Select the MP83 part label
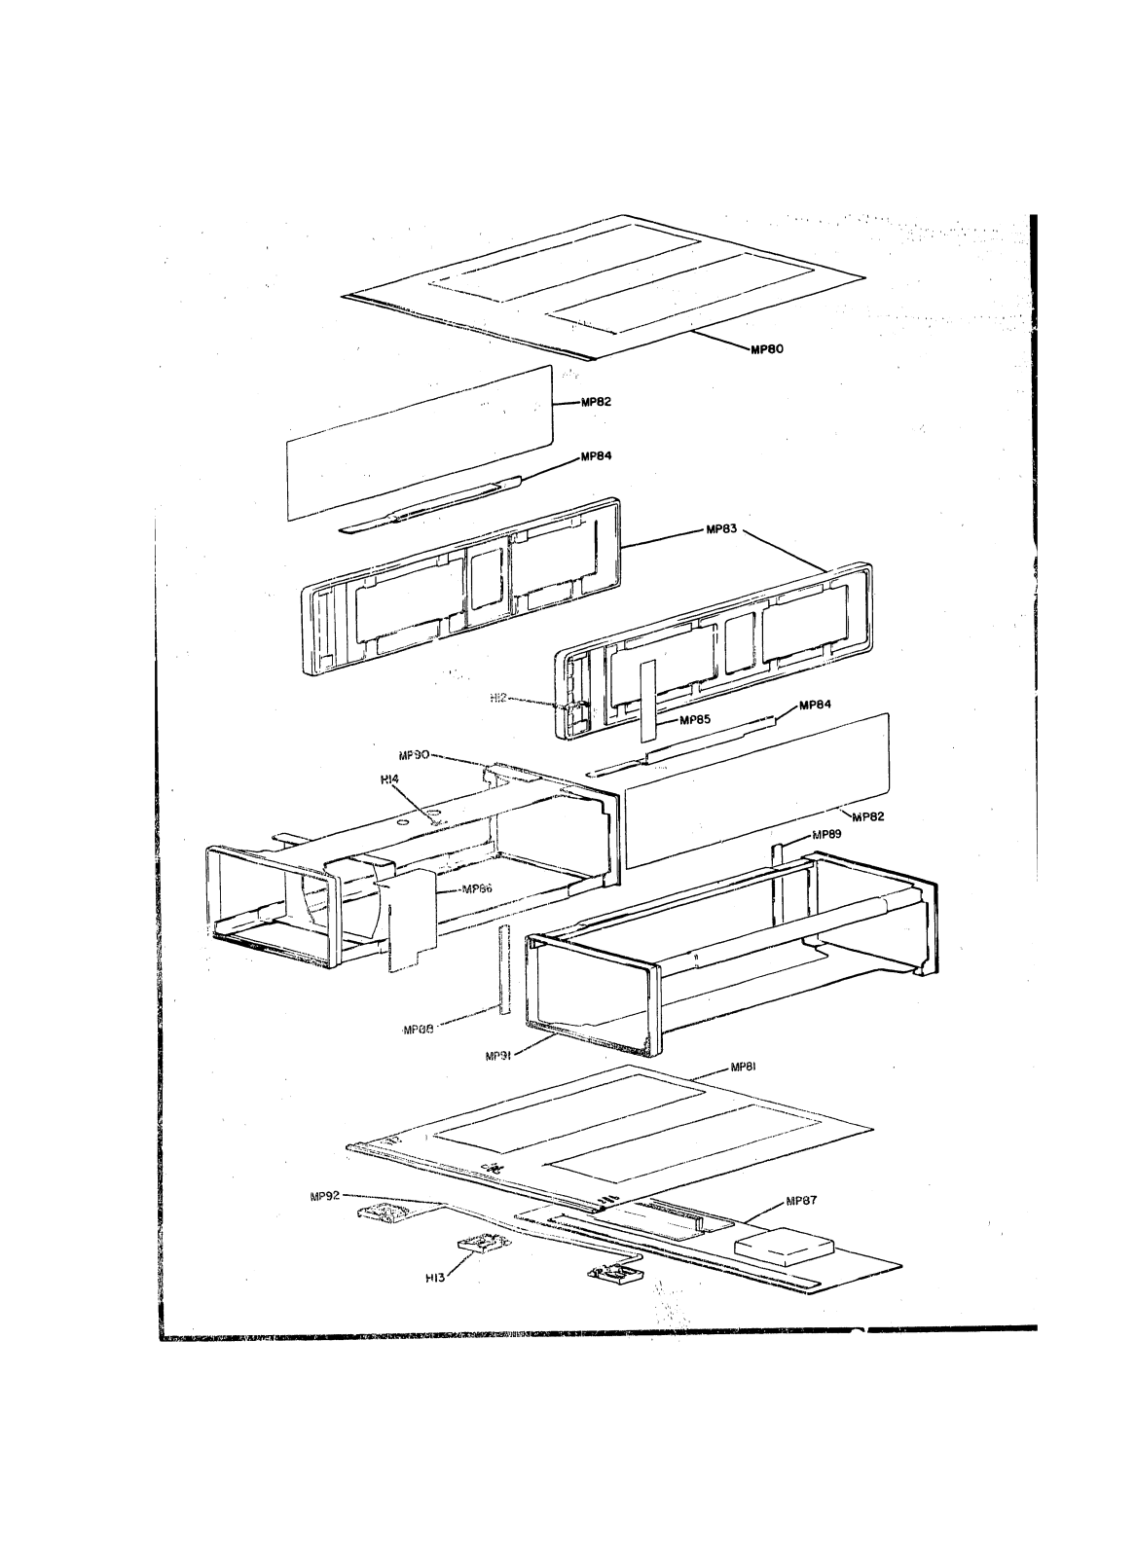pyautogui.click(x=722, y=530)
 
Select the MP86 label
pyautogui.click(x=476, y=888)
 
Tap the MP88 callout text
pyautogui.click(x=418, y=1028)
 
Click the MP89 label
pyautogui.click(x=827, y=834)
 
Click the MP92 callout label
pyautogui.click(x=323, y=1196)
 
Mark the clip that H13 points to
pyautogui.click(x=482, y=1244)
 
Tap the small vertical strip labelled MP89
pyautogui.click(x=777, y=854)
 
